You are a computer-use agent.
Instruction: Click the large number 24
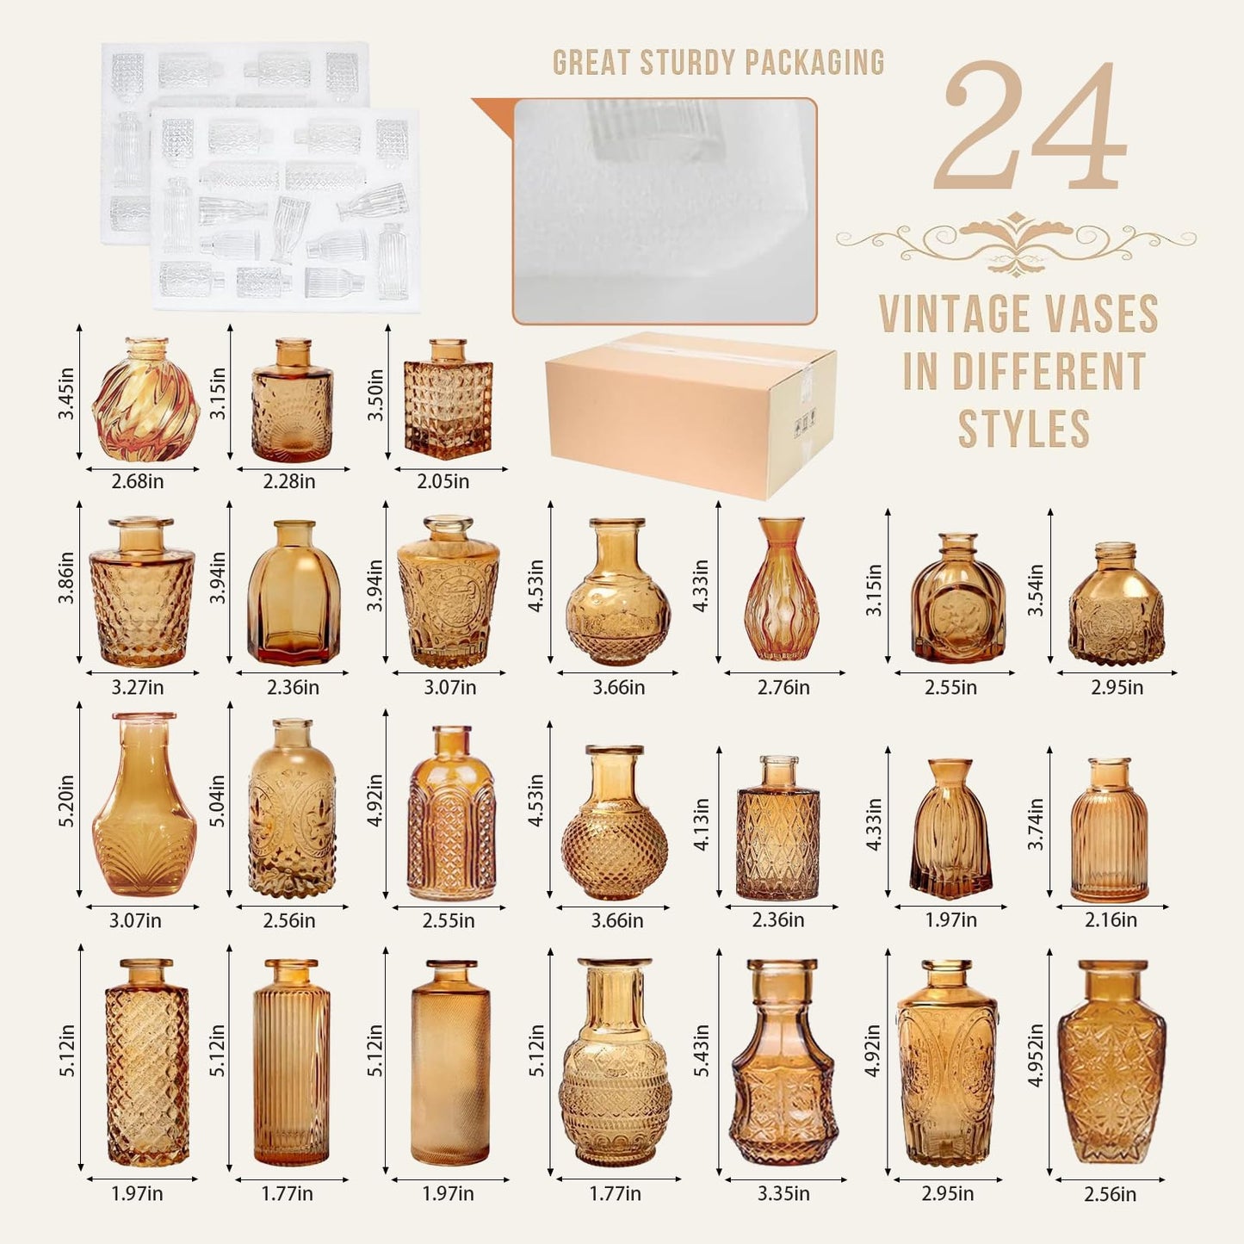point(1030,127)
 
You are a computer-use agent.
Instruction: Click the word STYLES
point(1024,430)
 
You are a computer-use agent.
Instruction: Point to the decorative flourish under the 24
point(1016,242)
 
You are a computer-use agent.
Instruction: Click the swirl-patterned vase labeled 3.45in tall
point(145,399)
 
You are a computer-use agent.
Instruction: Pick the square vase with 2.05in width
point(448,398)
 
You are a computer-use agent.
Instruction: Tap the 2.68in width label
point(138,481)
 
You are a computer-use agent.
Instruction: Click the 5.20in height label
point(66,801)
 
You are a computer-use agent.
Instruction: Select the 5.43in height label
point(702,1050)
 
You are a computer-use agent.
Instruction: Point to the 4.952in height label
point(1036,1055)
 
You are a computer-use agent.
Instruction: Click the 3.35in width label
point(783,1194)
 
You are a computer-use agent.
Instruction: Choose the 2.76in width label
point(783,688)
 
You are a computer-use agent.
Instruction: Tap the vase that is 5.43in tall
point(783,1063)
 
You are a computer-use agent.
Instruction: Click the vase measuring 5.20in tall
point(145,805)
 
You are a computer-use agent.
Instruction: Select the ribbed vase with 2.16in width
point(1109,831)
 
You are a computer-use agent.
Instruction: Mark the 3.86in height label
point(66,578)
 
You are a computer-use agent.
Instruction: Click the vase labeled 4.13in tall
point(778,829)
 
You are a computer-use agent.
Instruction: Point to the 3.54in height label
point(1036,590)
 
